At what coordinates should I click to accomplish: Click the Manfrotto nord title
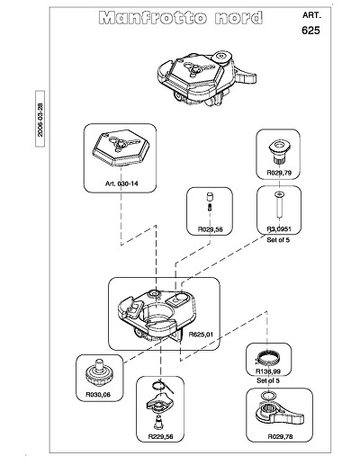181,18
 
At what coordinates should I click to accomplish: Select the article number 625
310,31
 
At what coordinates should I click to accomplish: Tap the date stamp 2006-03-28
40,120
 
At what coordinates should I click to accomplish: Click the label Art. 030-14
121,183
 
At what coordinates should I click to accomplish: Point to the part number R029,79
279,173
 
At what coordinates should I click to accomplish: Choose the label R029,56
211,229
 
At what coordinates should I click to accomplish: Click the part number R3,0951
279,229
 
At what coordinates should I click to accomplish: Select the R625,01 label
201,335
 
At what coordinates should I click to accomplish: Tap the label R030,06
98,395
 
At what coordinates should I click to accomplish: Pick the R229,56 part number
160,436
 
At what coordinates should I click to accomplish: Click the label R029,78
280,437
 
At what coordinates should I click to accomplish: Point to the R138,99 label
268,371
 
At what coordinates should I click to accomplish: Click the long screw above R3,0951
279,206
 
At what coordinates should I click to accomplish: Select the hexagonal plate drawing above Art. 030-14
121,148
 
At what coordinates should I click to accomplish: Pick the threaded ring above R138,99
267,357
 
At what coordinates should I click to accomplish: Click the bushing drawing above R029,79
279,151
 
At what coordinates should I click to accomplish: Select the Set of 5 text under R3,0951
278,240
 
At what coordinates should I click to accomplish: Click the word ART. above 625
311,15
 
